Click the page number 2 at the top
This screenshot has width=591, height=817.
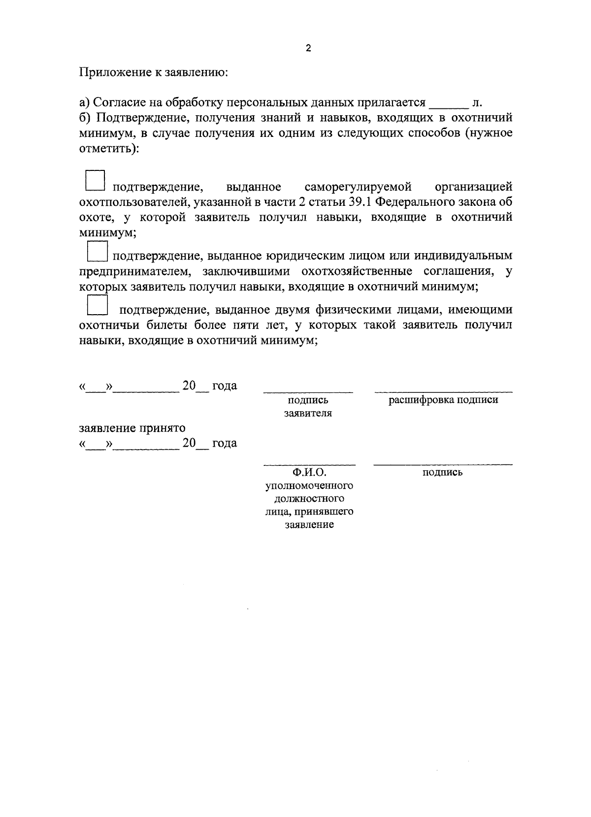pos(308,48)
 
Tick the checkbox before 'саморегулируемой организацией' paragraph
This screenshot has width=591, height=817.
pos(96,181)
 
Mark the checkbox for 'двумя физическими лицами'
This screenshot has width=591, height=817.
pos(97,305)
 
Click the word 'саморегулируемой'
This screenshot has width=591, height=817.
pos(358,187)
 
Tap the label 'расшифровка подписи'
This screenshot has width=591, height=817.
pos(443,400)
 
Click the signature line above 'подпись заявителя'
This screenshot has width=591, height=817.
pos(308,392)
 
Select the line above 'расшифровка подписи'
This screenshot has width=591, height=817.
pos(443,392)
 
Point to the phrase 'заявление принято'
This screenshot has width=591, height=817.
pos(132,427)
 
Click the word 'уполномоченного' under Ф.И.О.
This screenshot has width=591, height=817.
pos(309,486)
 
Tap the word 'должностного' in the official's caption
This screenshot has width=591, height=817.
pos(309,498)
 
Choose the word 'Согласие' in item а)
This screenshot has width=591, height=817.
pos(115,102)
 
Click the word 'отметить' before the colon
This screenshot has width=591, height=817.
pos(106,148)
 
